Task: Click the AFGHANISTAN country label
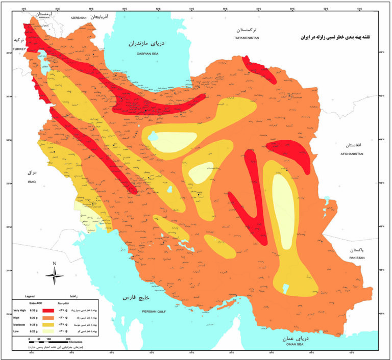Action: (x=352, y=153)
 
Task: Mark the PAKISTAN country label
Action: (x=355, y=259)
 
